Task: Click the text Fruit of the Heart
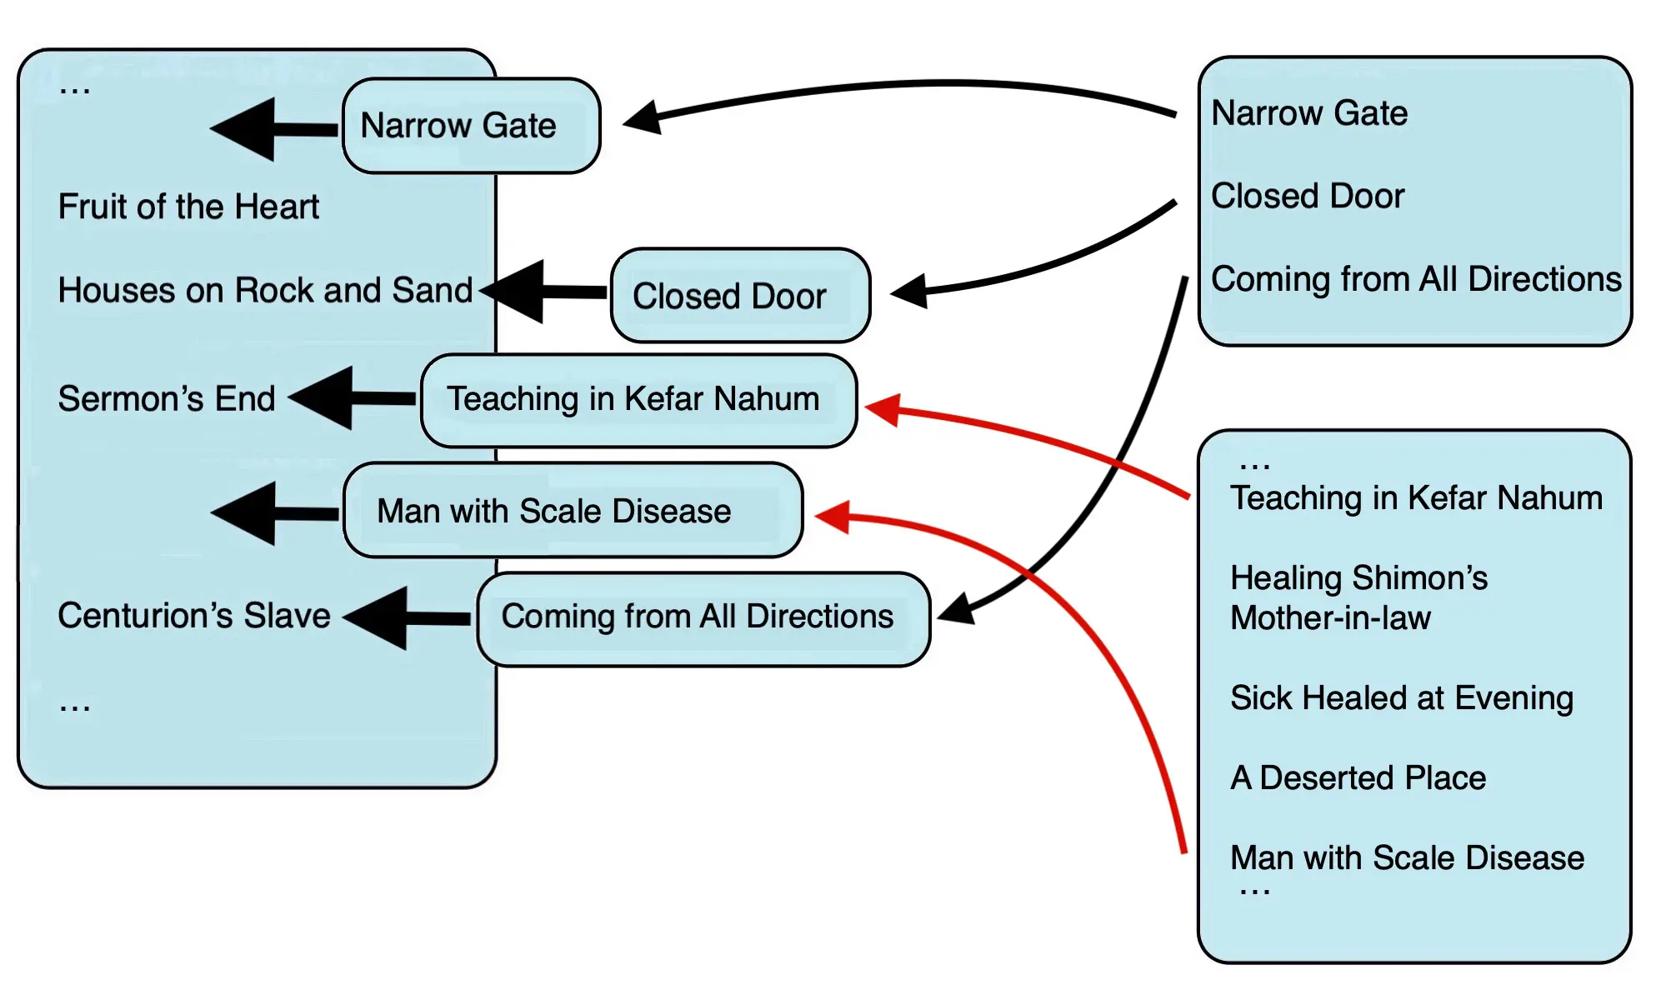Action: [188, 207]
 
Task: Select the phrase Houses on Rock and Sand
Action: [265, 290]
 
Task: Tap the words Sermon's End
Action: [167, 398]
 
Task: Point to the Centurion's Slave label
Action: [194, 616]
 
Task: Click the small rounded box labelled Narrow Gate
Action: [471, 126]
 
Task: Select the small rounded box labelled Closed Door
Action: [740, 296]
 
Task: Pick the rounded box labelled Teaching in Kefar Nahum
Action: [638, 400]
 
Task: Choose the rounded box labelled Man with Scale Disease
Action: [573, 511]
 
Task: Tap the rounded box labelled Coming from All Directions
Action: [703, 617]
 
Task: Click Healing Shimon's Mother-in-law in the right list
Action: [1358, 597]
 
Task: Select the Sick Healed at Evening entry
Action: [1402, 697]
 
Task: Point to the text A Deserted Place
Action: [1358, 777]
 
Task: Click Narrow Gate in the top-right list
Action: [1309, 112]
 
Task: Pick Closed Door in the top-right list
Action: [1308, 196]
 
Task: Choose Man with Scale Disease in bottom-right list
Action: [1407, 857]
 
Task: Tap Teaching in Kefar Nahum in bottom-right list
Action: [1416, 497]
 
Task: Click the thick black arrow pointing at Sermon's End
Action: [350, 398]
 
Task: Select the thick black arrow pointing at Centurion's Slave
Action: [406, 617]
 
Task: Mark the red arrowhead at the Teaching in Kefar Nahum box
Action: [883, 408]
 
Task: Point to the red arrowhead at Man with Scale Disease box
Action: [833, 517]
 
